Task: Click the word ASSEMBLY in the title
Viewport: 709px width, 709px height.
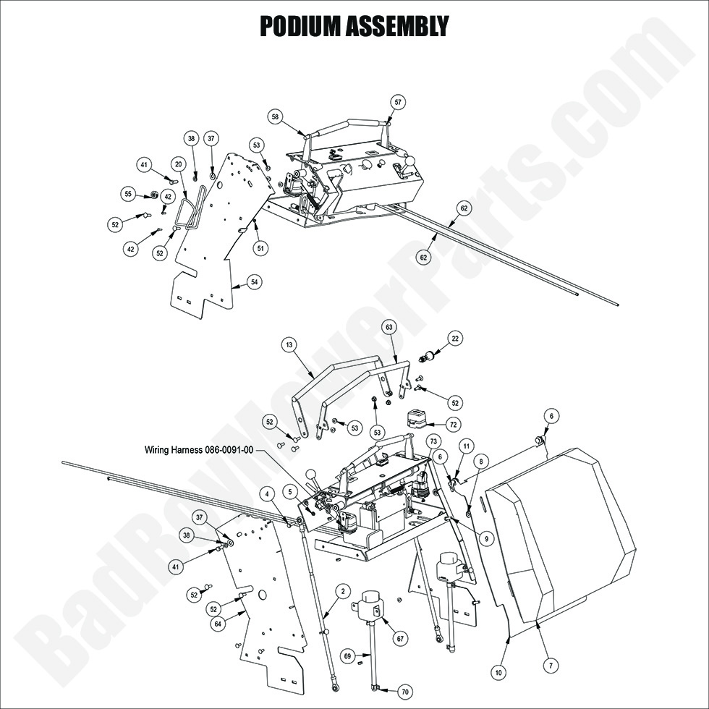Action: pos(402,26)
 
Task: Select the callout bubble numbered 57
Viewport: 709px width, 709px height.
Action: pos(397,102)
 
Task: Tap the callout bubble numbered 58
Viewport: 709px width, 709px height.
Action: pos(275,116)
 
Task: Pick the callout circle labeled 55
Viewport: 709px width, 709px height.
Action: pos(129,194)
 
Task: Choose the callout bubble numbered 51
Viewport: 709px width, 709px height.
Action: pos(259,247)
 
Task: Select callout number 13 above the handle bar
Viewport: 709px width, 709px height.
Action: pos(289,346)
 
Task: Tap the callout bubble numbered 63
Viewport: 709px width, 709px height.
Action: pos(389,328)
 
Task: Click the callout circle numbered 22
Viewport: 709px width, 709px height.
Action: pos(454,338)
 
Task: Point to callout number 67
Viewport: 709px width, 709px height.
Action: pos(399,638)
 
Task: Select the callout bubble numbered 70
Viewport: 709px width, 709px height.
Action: pos(404,690)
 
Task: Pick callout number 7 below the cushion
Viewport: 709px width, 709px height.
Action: pos(553,664)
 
